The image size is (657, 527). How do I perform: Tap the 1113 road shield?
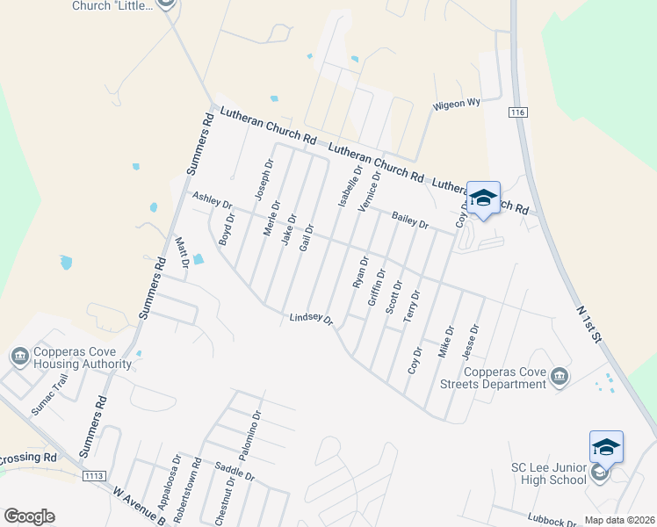point(94,475)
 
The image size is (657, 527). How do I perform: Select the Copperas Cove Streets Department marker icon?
point(560,378)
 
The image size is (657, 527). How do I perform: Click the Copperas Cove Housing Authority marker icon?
point(19,356)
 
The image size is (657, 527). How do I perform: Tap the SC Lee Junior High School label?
point(548,473)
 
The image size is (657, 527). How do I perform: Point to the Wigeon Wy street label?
point(456,104)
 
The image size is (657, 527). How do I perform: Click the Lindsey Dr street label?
point(312,320)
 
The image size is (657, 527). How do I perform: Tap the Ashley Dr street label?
point(212,202)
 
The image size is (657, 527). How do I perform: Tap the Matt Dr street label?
point(183,253)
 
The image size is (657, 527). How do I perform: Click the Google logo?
point(29,516)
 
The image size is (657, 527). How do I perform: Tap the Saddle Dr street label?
point(235,472)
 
